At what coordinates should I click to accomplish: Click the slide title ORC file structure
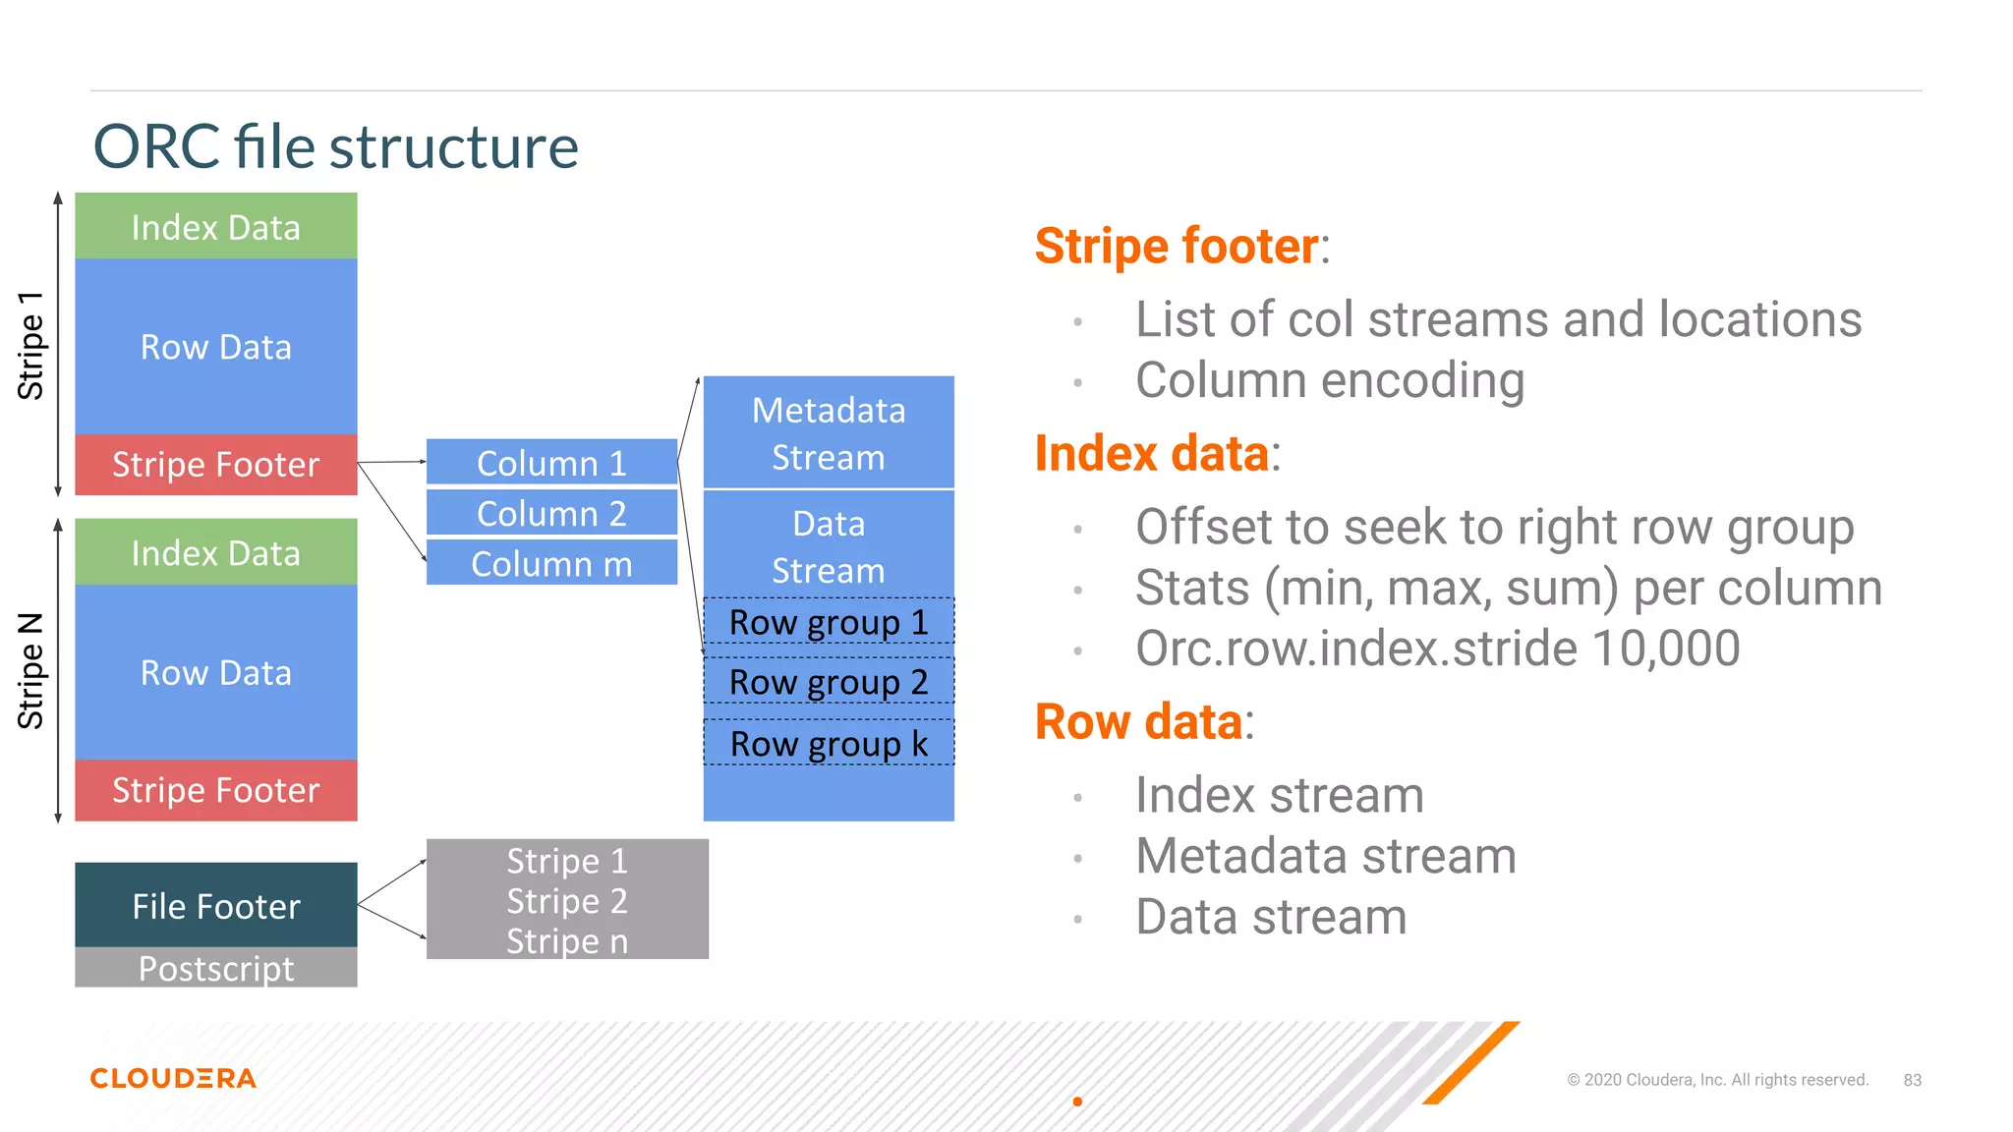pyautogui.click(x=335, y=147)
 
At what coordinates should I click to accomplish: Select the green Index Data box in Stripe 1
pyautogui.click(x=216, y=227)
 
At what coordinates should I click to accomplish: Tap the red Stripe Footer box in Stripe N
pyautogui.click(x=216, y=790)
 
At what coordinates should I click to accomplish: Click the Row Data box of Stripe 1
pyautogui.click(x=216, y=347)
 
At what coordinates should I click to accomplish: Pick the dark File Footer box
pyautogui.click(x=216, y=906)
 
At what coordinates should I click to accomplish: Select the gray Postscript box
pyautogui.click(x=216, y=968)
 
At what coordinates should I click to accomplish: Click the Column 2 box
pyautogui.click(x=551, y=513)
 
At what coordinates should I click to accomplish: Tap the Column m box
pyautogui.click(x=551, y=564)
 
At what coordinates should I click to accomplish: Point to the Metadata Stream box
pyautogui.click(x=829, y=433)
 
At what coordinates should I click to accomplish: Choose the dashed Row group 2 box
pyautogui.click(x=829, y=682)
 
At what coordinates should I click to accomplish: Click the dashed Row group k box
pyautogui.click(x=829, y=744)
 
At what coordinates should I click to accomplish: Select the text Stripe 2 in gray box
pyautogui.click(x=567, y=901)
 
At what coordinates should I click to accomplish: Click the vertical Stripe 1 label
pyautogui.click(x=31, y=346)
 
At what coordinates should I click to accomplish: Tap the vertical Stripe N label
pyautogui.click(x=31, y=671)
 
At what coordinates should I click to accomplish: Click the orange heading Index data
pyautogui.click(x=1151, y=455)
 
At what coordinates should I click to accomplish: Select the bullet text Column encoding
pyautogui.click(x=1329, y=380)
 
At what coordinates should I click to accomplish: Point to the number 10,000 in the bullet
pyautogui.click(x=1665, y=649)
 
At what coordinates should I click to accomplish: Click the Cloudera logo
pyautogui.click(x=173, y=1078)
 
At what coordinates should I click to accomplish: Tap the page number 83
pyautogui.click(x=1912, y=1080)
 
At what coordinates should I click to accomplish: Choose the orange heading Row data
pyautogui.click(x=1138, y=722)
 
